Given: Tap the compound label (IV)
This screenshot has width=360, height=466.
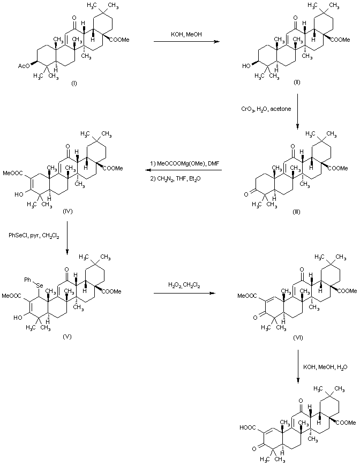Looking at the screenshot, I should point(67,211).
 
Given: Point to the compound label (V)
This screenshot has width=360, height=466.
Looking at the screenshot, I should point(66,336).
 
